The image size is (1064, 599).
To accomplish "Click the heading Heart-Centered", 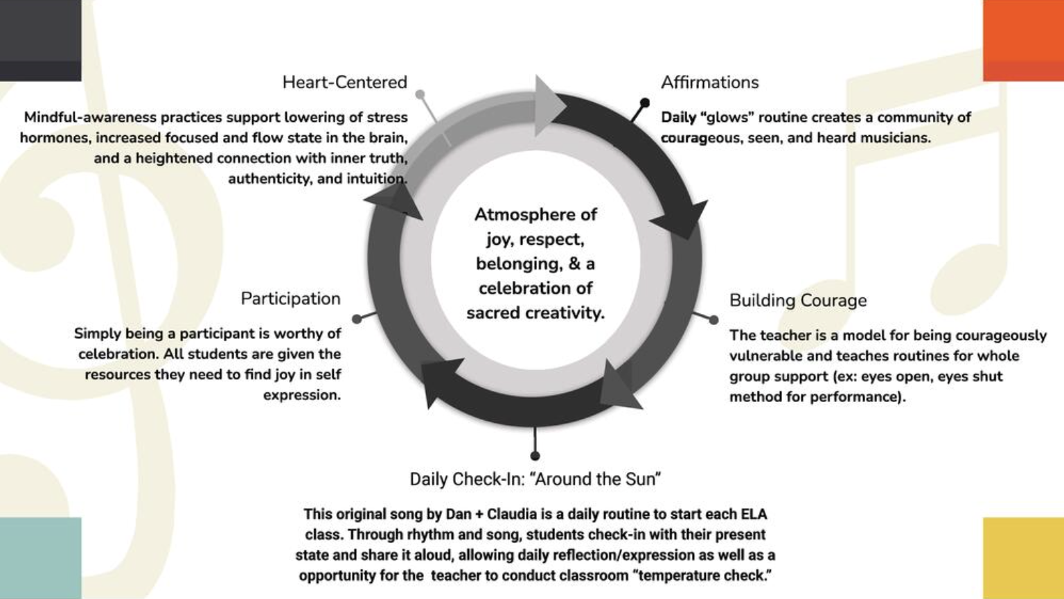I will (344, 83).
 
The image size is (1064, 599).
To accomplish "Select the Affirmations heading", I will (709, 83).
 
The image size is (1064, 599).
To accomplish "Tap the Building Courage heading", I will (797, 300).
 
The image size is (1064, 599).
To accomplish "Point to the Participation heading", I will (290, 299).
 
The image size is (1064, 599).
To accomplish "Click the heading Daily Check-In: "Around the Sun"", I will (535, 479).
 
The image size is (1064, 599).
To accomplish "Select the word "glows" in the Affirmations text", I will (727, 117).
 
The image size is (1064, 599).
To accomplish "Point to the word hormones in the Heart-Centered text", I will (52, 138).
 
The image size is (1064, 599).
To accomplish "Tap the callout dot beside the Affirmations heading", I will (644, 103).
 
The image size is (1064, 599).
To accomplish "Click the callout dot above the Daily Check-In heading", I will (535, 455).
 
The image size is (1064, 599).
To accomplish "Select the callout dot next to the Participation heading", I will (357, 319).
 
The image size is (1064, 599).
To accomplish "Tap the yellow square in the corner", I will (1023, 557).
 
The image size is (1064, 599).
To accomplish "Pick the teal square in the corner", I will (40, 557).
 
